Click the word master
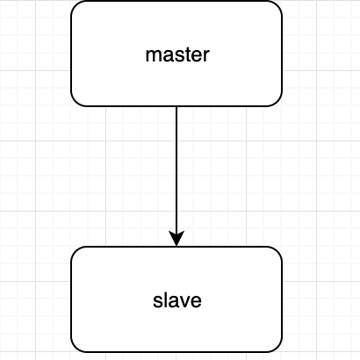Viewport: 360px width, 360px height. coord(177,54)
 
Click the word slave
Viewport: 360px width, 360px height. coord(177,300)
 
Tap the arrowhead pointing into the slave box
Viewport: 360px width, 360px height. coord(176,239)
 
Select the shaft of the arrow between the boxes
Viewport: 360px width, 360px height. coord(176,169)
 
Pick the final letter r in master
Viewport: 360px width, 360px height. coord(207,56)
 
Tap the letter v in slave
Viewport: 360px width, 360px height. coord(184,302)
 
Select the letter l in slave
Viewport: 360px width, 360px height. coord(165,300)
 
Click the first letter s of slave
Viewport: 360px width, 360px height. coord(157,302)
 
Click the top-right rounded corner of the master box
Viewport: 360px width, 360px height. coord(277,5)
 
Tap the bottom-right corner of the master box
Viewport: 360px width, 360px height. coord(277,102)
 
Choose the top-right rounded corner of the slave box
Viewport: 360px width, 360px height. coord(277,251)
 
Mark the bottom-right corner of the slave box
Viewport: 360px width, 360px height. coord(277,348)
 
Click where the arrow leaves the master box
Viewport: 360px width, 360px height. coord(176,106)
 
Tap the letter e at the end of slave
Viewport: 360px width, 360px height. coord(197,302)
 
